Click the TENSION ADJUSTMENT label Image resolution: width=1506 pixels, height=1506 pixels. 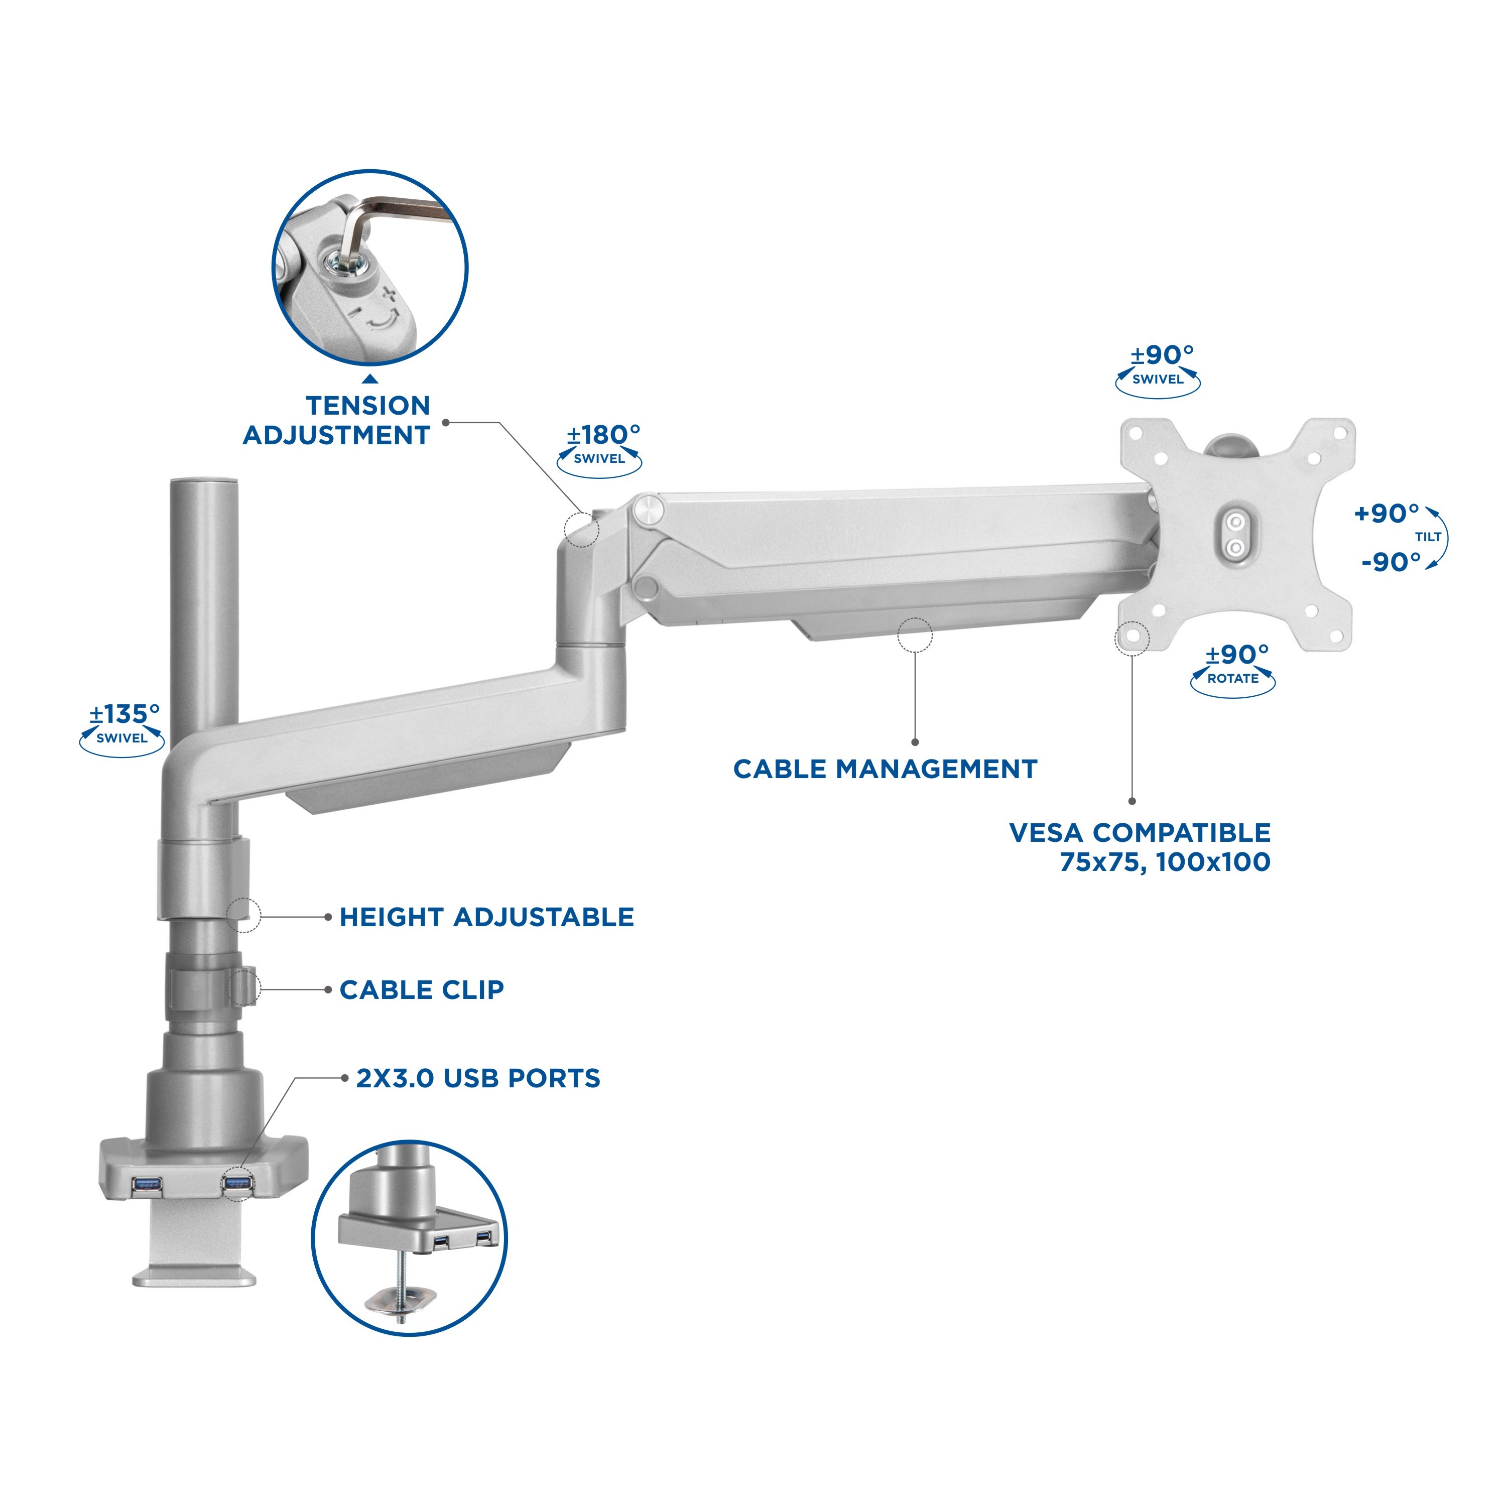(x=337, y=420)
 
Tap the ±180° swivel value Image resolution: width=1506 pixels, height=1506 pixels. (x=603, y=434)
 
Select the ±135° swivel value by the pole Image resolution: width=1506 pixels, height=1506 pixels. (x=124, y=713)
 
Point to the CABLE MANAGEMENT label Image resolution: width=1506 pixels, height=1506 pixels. (x=885, y=770)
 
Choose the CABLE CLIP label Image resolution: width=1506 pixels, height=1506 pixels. (x=422, y=990)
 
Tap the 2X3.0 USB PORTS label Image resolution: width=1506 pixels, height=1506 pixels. (x=478, y=1078)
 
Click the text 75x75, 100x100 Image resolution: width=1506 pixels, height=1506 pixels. (x=1165, y=862)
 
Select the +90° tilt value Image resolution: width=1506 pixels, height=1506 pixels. (x=1387, y=513)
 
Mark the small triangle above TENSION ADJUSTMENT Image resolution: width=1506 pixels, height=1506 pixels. (x=370, y=380)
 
